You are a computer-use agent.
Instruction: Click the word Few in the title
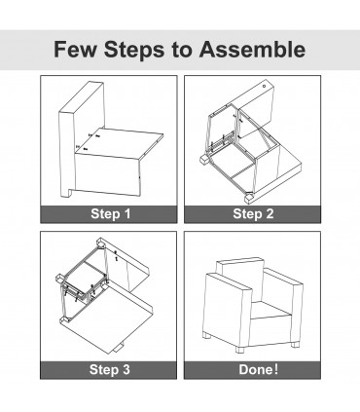(x=75, y=50)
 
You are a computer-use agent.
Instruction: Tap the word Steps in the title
(x=134, y=50)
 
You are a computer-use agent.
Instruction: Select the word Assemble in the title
(x=252, y=50)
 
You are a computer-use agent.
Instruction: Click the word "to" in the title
(x=182, y=51)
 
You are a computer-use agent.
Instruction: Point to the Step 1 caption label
(x=111, y=214)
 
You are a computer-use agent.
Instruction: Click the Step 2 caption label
(x=253, y=214)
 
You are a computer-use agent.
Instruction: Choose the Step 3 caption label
(x=110, y=369)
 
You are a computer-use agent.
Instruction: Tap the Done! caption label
(x=259, y=369)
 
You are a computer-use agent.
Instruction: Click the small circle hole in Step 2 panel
(x=264, y=87)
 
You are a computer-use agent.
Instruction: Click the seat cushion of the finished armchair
(x=270, y=310)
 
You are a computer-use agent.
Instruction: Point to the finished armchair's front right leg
(x=240, y=350)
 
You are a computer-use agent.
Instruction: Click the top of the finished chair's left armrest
(x=229, y=282)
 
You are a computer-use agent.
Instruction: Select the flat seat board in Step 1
(x=120, y=143)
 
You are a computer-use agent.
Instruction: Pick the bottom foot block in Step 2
(x=250, y=198)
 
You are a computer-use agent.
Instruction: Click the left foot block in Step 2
(x=204, y=160)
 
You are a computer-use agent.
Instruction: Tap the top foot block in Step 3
(x=101, y=243)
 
